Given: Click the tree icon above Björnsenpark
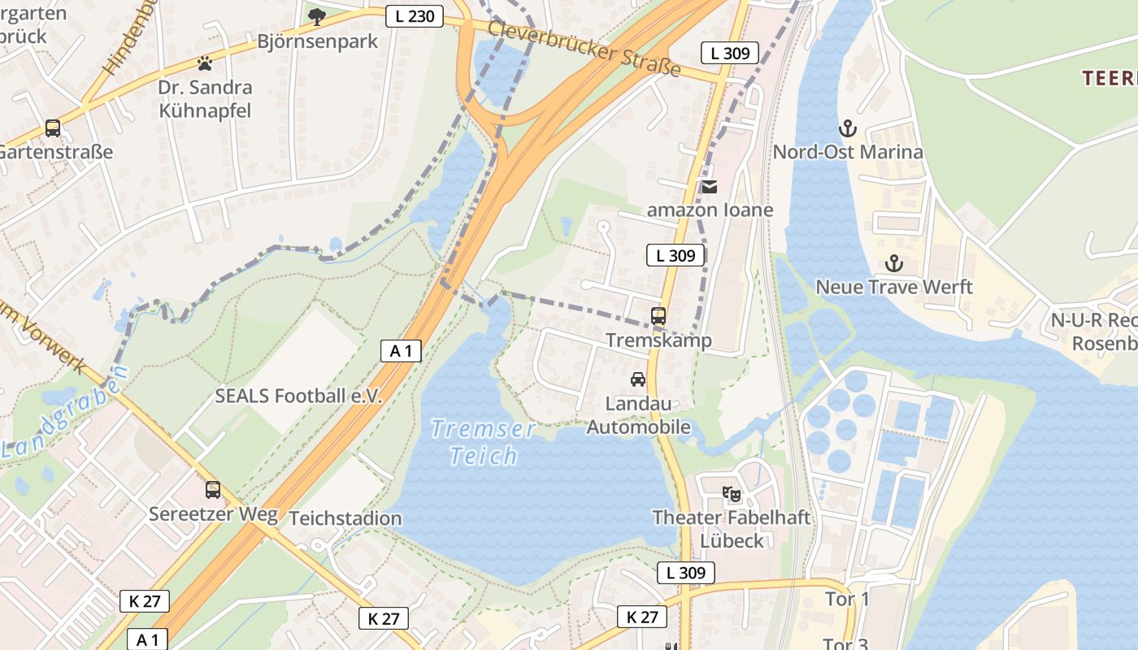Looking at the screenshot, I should [317, 16].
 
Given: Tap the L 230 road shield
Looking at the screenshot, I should [415, 15].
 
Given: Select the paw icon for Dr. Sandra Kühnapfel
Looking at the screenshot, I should [205, 63].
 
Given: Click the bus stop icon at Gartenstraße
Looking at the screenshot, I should [53, 128].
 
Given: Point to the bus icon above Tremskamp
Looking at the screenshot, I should [658, 316].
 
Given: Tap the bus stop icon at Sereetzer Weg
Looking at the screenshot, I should [213, 490].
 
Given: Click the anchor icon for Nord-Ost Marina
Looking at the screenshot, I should [848, 128].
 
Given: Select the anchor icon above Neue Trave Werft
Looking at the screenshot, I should [894, 263].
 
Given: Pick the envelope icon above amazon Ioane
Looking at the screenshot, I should [710, 187].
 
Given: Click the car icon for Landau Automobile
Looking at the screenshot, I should [638, 379].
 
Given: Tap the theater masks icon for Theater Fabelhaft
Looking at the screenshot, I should [732, 493].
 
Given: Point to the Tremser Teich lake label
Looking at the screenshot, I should [483, 442].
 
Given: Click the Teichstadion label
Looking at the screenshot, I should [345, 518].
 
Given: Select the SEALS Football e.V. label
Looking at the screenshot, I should [298, 396].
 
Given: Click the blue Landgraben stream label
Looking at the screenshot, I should [65, 413].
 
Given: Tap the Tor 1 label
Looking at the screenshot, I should [846, 600].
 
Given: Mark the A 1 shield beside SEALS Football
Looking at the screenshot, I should [402, 351].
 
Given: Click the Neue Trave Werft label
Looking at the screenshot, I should [894, 287].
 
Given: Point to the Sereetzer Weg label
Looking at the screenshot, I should [213, 514].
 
